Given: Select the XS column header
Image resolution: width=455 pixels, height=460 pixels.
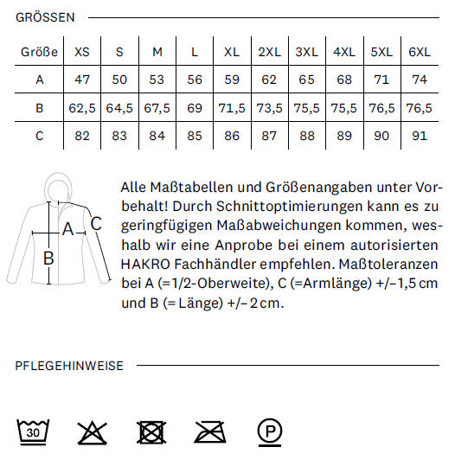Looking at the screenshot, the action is coord(82,52).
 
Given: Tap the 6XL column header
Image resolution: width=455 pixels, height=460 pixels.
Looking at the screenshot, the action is coord(420,52).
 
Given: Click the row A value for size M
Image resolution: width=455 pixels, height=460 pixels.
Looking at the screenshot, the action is coord(157,80).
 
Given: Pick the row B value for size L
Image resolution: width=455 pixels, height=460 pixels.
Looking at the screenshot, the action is coord(194,108).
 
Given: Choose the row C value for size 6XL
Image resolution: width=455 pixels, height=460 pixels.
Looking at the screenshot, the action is coord(420,136).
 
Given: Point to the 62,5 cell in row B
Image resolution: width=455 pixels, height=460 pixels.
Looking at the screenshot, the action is coord(82,108).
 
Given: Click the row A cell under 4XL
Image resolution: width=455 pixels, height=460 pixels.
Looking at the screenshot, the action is coord(344,80).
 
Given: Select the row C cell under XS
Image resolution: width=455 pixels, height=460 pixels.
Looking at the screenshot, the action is coord(82,136).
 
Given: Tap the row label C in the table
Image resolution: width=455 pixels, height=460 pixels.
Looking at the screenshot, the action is coord(39,136).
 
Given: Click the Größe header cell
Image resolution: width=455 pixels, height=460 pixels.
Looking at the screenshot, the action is coord(39,52).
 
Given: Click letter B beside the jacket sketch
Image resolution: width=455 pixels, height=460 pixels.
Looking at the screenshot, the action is coord(49,257).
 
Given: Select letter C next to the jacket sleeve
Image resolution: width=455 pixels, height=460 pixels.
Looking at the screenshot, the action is coord(97,223).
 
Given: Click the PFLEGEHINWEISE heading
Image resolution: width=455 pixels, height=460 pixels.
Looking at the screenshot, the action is coord(69,366).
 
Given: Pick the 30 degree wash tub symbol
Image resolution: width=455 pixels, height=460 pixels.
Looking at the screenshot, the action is coord(32,430).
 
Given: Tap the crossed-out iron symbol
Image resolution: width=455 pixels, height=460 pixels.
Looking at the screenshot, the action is coord(210,430).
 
